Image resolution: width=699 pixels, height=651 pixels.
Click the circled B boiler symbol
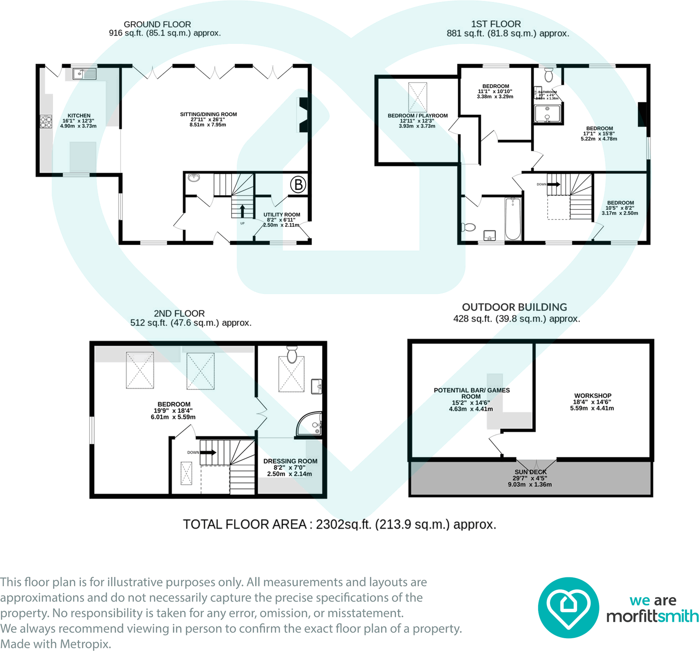click(298, 185)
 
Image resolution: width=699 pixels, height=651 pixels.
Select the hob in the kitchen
click(46, 121)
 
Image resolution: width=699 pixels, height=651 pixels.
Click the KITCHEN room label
click(79, 116)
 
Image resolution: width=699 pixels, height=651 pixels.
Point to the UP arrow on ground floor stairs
click(242, 211)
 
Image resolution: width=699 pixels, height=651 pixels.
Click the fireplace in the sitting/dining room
click(303, 115)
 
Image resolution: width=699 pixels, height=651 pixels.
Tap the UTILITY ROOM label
click(281, 214)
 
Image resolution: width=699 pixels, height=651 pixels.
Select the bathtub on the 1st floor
click(513, 219)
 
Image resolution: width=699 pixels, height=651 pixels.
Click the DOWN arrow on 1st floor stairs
click(553, 184)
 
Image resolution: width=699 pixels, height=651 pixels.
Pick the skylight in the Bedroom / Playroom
click(418, 97)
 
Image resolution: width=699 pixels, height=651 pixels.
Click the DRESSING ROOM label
click(290, 461)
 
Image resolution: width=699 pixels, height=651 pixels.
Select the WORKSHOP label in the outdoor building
click(593, 395)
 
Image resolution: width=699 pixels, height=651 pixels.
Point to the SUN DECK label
click(530, 472)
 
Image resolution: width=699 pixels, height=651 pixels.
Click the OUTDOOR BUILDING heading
click(514, 307)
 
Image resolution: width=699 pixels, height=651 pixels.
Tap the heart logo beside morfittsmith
click(568, 608)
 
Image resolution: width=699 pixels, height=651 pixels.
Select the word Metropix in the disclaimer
click(85, 644)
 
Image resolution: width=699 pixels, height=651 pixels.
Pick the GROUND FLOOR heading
click(157, 24)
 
